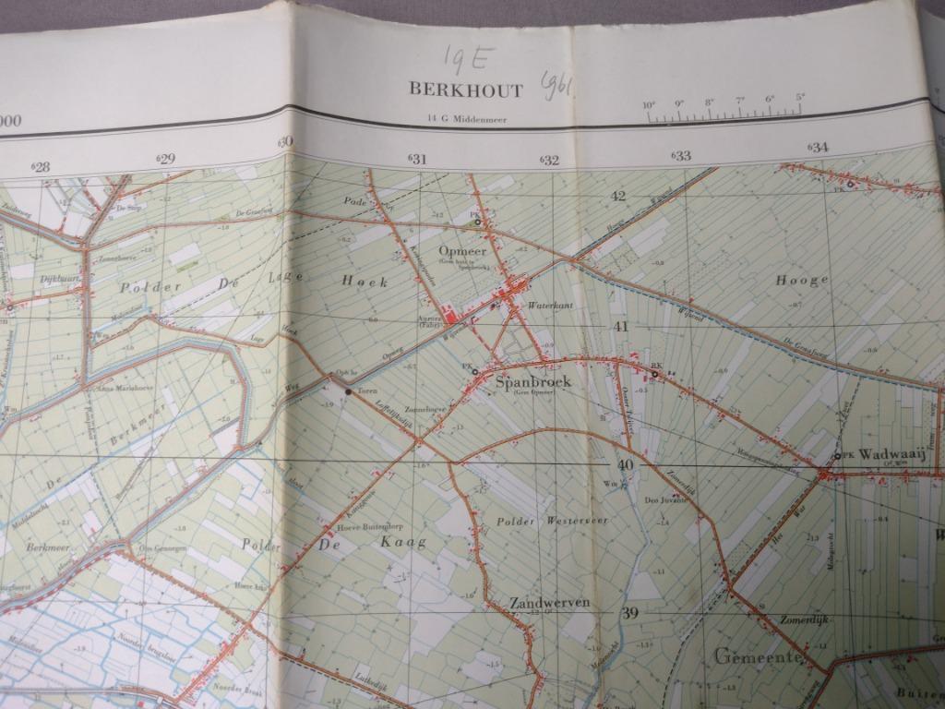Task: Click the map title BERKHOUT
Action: tap(466, 90)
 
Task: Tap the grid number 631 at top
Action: tap(417, 160)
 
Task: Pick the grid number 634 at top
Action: tap(818, 147)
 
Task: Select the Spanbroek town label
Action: tap(533, 381)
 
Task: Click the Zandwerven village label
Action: tap(549, 603)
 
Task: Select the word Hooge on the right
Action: tap(801, 280)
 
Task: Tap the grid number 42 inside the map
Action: tap(617, 196)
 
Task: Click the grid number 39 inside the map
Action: tap(629, 613)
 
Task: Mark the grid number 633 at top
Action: tap(681, 155)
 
